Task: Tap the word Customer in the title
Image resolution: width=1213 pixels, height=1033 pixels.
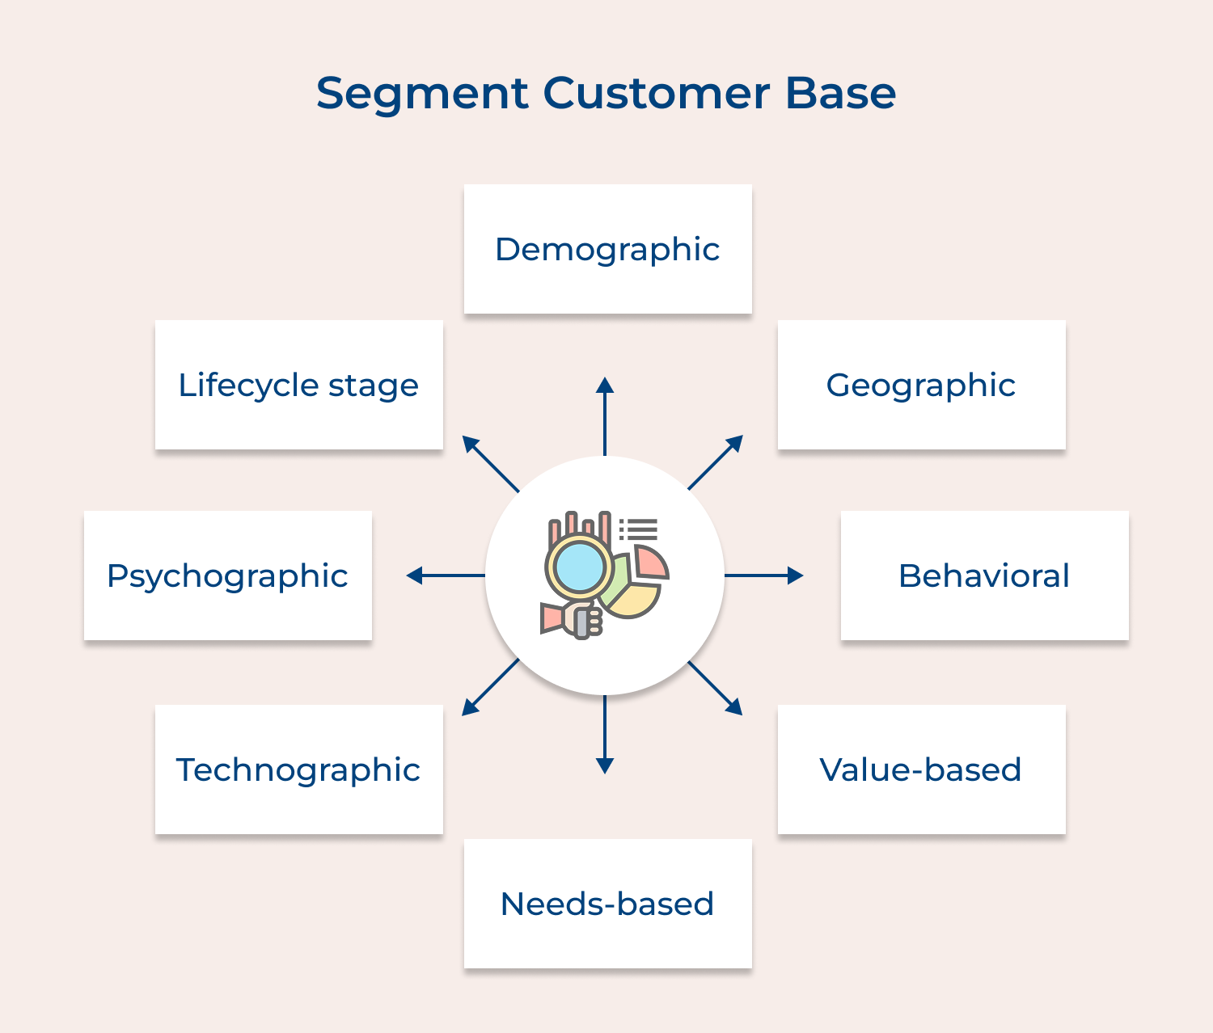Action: (656, 94)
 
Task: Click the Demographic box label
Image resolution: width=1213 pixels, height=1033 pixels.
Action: (607, 249)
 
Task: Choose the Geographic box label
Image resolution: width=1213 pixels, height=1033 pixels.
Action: (920, 385)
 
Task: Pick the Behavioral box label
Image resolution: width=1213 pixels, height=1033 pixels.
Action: (983, 576)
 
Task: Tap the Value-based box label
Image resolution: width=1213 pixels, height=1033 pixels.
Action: (920, 769)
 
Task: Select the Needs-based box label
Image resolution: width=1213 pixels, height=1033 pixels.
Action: (607, 904)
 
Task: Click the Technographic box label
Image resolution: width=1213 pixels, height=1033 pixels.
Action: (298, 769)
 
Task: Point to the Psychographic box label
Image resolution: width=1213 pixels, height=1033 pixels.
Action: (227, 576)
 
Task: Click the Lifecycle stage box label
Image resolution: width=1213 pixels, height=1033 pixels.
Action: (298, 385)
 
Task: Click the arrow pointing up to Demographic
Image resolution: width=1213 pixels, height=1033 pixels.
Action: (605, 415)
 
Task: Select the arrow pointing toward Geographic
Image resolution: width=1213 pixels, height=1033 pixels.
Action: (715, 462)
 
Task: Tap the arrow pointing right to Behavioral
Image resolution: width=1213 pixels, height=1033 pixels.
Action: (763, 576)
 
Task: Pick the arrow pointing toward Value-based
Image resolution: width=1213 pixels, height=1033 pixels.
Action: (715, 688)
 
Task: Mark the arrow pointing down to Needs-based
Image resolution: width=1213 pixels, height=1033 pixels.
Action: (605, 734)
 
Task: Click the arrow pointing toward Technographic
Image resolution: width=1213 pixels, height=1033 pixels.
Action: (490, 688)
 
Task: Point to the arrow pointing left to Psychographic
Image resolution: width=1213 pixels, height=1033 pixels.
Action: (446, 576)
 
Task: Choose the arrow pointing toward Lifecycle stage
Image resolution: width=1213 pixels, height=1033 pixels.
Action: (490, 463)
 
